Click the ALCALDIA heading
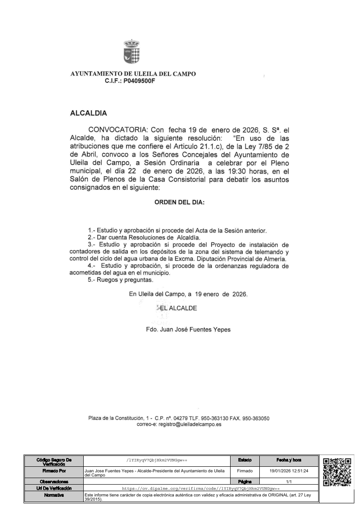point(88,114)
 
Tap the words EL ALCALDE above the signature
point(179,308)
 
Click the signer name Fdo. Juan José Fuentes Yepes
point(188,330)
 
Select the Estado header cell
point(245,460)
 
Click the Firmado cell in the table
point(245,471)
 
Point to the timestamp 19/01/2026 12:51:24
point(289,471)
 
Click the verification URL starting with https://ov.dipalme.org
point(200,489)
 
